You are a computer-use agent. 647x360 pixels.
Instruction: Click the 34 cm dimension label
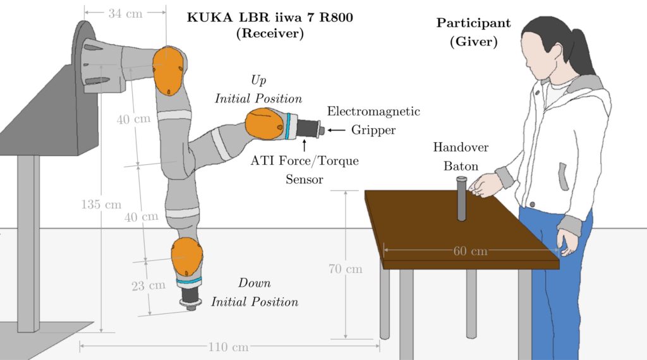(126, 13)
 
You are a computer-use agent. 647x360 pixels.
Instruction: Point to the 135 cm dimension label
(101, 204)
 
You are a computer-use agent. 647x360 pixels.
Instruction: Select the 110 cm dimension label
(228, 347)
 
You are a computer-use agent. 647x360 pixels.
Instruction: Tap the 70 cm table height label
(346, 269)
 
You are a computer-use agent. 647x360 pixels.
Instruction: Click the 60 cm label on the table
(471, 251)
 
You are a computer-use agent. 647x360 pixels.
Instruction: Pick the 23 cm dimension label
(148, 285)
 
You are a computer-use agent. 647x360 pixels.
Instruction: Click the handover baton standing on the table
(461, 199)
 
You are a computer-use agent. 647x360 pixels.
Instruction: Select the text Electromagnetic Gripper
(373, 121)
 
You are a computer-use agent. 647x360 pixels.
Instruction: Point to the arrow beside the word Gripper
(338, 131)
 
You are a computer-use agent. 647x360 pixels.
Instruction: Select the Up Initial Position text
(258, 90)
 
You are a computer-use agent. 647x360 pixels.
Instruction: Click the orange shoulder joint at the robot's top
(169, 69)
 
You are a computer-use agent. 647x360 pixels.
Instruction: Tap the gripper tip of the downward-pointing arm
(190, 303)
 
